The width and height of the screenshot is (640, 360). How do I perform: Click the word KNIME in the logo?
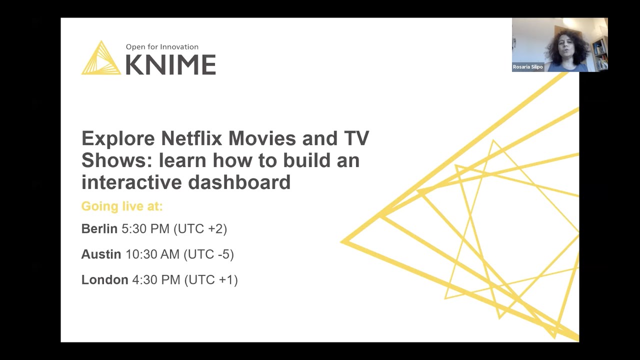point(170,64)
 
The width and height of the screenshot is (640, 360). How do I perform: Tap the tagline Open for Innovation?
point(162,47)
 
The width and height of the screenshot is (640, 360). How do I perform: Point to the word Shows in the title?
point(116,160)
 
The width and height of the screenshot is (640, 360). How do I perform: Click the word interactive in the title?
point(131,182)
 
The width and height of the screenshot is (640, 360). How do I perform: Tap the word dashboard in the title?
point(239,182)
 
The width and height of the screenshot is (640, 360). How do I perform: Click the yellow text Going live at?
point(122,206)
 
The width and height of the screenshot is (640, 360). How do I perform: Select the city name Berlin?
point(99,229)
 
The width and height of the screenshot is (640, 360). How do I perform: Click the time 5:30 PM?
point(145,229)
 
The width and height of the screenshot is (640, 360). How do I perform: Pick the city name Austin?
point(101,254)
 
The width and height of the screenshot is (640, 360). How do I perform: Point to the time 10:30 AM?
point(152,254)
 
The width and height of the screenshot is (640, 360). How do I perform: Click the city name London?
point(104,280)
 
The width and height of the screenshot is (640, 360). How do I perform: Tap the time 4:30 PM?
point(156,280)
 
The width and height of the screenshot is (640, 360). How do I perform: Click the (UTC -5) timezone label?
point(208,254)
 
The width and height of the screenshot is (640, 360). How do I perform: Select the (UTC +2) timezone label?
point(200,229)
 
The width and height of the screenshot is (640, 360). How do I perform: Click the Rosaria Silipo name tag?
point(527,67)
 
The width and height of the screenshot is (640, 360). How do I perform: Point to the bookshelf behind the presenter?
point(600,52)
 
